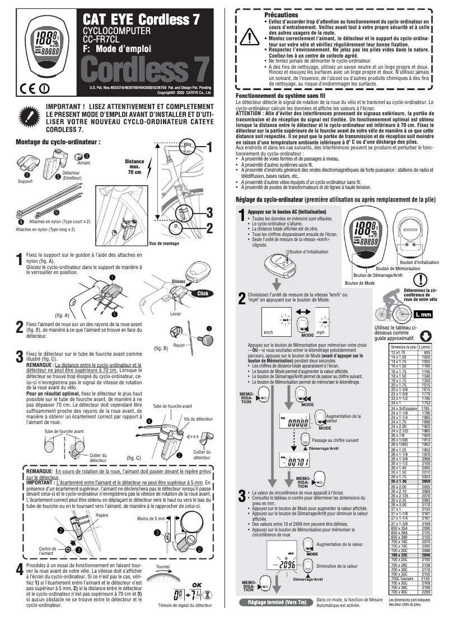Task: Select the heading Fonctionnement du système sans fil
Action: pos(280,97)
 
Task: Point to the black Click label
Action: pos(203,293)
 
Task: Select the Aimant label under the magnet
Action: pos(84,162)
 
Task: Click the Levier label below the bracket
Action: pos(175,314)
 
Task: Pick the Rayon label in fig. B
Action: pos(179,345)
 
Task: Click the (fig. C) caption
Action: pos(134,458)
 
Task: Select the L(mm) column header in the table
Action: pos(425,347)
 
